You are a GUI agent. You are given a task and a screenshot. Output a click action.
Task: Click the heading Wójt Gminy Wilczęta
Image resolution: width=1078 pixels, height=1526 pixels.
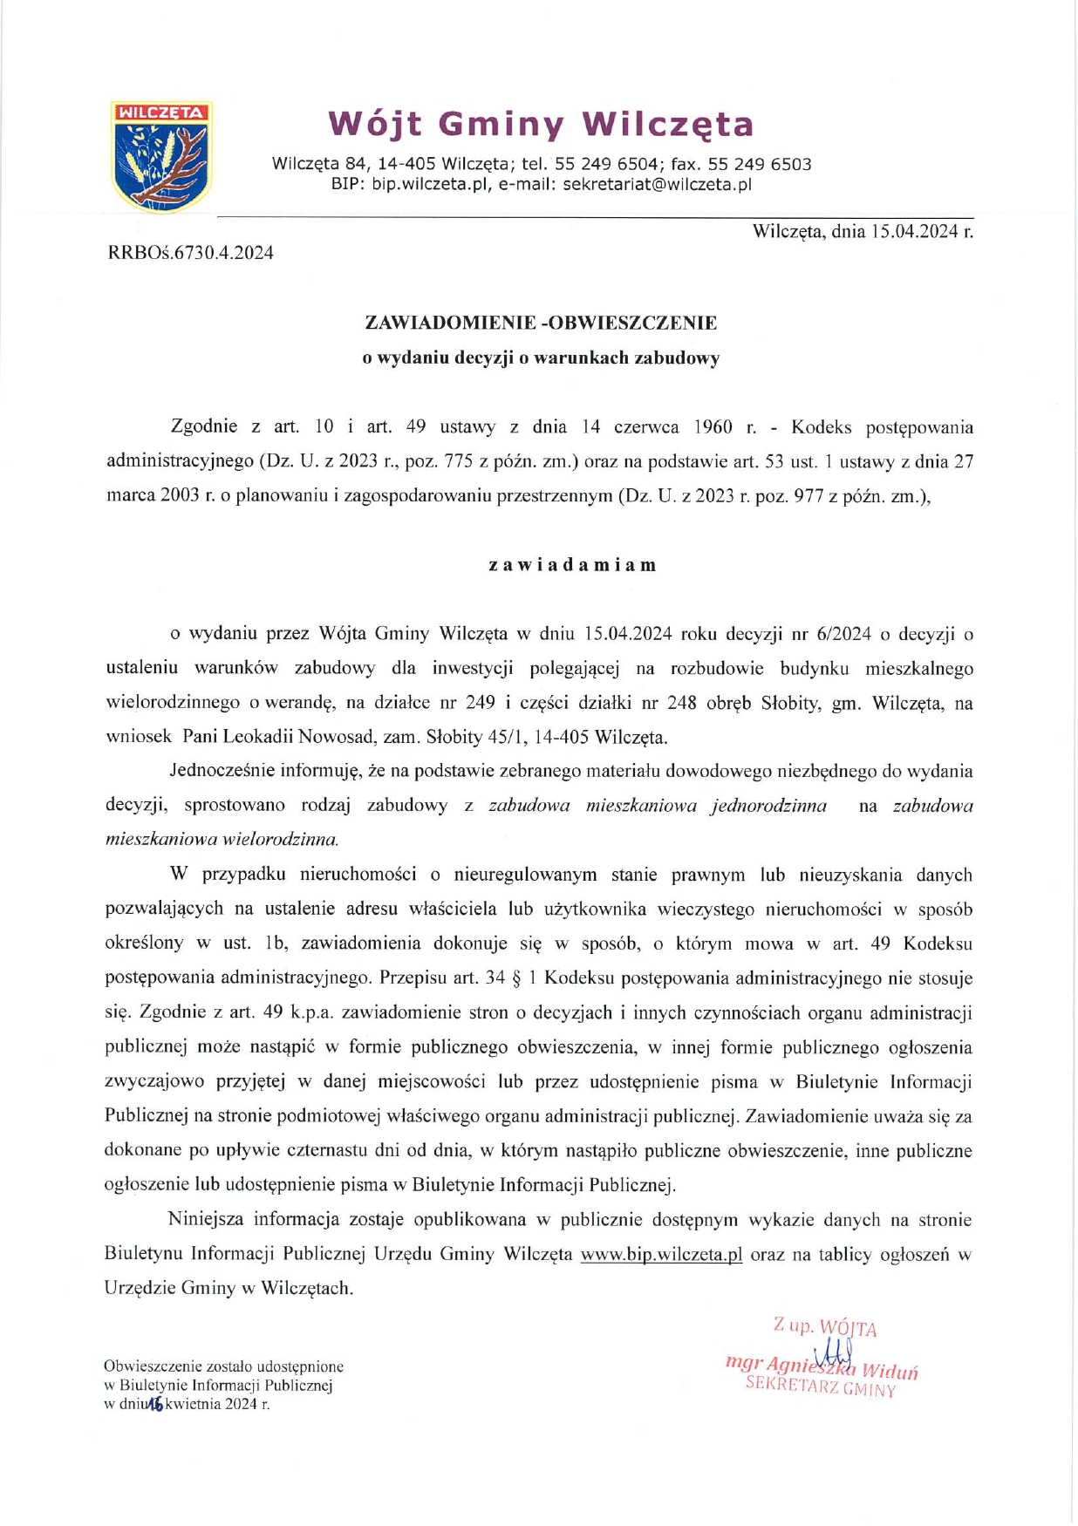coord(541,125)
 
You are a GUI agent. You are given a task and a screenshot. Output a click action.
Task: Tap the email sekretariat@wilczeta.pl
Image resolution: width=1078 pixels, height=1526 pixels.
coord(657,185)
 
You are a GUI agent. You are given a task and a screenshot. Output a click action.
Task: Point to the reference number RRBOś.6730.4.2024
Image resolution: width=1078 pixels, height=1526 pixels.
coord(190,253)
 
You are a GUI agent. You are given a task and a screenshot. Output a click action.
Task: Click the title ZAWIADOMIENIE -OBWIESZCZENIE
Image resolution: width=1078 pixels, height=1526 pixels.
coord(541,323)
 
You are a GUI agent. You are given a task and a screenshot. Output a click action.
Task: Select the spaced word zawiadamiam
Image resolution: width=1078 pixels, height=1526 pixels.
coord(572,565)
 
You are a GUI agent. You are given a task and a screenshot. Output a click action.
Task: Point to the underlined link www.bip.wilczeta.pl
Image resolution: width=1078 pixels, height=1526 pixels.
coord(661,1254)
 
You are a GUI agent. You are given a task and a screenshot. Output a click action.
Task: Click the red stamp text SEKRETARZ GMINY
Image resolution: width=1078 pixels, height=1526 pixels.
coord(821,1387)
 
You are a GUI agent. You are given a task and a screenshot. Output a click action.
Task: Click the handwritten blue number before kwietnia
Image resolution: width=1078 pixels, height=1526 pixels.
coord(156,1404)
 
